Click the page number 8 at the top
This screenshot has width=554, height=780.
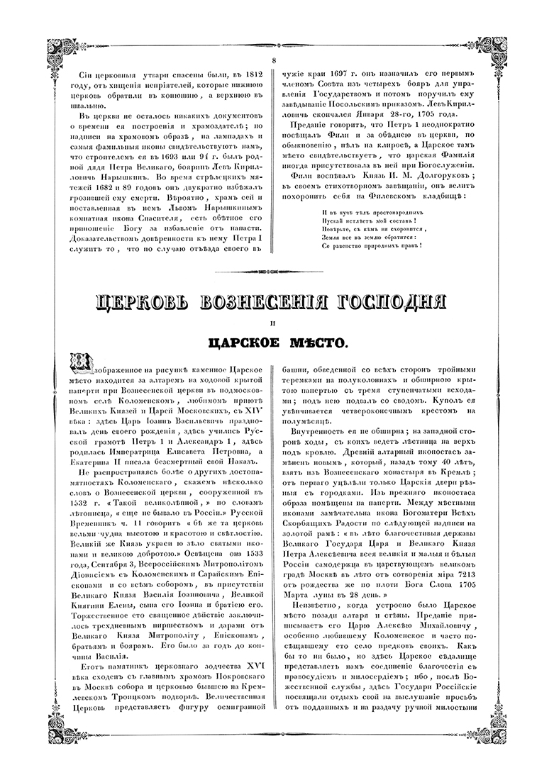tap(275, 60)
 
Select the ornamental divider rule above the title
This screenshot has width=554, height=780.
tap(276, 272)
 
